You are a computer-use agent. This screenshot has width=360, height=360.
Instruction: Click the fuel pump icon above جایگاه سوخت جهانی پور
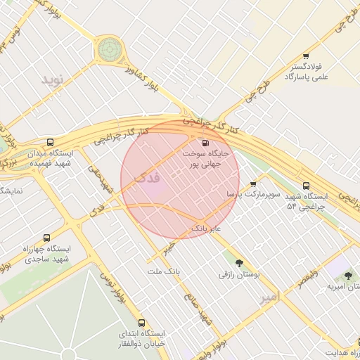[x=205, y=143]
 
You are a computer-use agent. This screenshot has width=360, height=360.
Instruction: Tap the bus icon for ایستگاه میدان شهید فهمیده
[x=49, y=142]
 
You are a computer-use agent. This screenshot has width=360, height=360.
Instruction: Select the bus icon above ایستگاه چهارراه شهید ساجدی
[x=46, y=238]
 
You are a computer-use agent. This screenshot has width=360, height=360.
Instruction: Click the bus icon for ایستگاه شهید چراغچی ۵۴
[x=305, y=186]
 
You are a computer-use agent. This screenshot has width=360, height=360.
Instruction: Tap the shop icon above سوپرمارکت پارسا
[x=253, y=184]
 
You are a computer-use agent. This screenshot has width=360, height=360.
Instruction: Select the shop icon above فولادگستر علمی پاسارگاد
[x=305, y=56]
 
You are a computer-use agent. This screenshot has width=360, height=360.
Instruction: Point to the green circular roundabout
[x=109, y=50]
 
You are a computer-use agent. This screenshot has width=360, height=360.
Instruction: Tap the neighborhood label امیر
[x=269, y=298]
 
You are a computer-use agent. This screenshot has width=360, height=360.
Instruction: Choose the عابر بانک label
[x=206, y=229]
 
